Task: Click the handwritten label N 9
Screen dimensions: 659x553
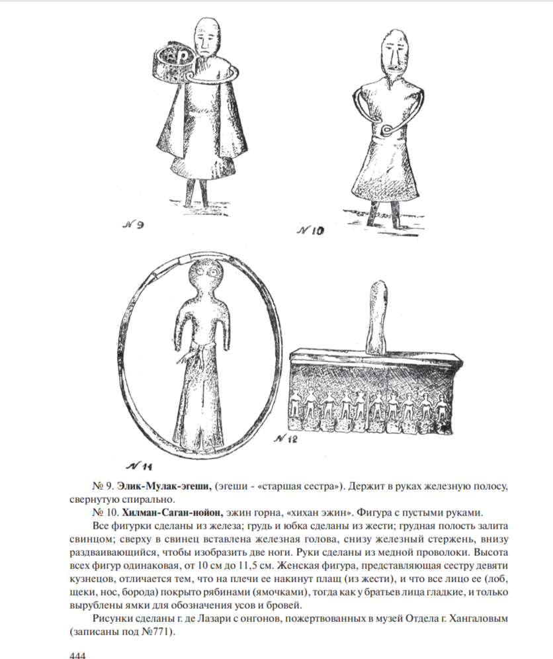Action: pos(134,226)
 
